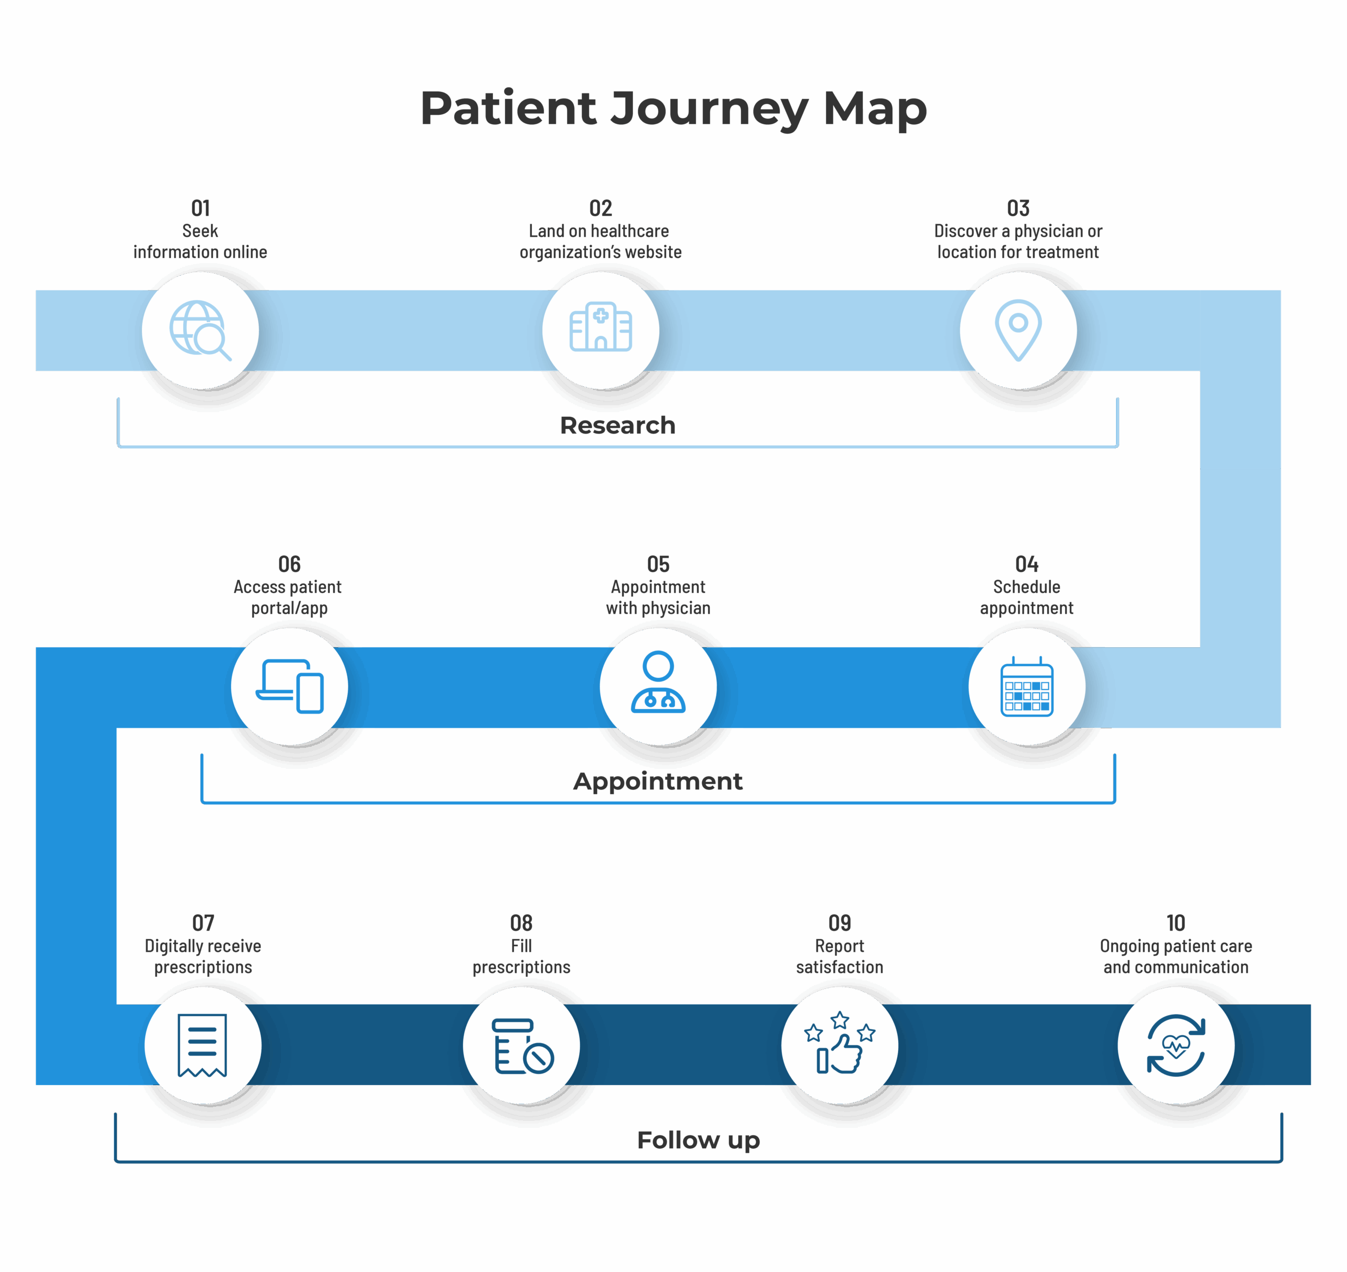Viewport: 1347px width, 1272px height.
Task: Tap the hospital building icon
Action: click(x=600, y=327)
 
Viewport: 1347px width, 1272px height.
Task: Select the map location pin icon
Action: click(x=1018, y=329)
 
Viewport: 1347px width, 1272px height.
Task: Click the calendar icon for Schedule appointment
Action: click(x=1027, y=687)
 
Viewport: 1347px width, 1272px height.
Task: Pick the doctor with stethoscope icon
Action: click(x=658, y=684)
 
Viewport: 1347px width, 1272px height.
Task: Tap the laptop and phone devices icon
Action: click(x=289, y=686)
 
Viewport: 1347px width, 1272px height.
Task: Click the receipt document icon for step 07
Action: click(x=202, y=1045)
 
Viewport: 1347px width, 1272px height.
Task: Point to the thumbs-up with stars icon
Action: click(x=839, y=1044)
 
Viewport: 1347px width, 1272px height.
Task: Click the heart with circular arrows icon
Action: click(x=1175, y=1045)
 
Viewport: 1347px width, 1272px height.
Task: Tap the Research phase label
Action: click(x=618, y=425)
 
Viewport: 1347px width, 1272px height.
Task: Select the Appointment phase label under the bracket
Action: click(x=658, y=781)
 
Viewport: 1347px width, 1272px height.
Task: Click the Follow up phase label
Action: click(x=698, y=1140)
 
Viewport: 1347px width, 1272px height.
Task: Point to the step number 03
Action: click(x=1018, y=208)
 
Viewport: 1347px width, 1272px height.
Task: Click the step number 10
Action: click(x=1175, y=923)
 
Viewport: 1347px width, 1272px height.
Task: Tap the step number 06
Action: click(x=289, y=564)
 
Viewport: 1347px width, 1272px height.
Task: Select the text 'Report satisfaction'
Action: click(x=839, y=956)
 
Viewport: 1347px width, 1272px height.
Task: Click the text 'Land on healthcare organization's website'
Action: click(x=600, y=242)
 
